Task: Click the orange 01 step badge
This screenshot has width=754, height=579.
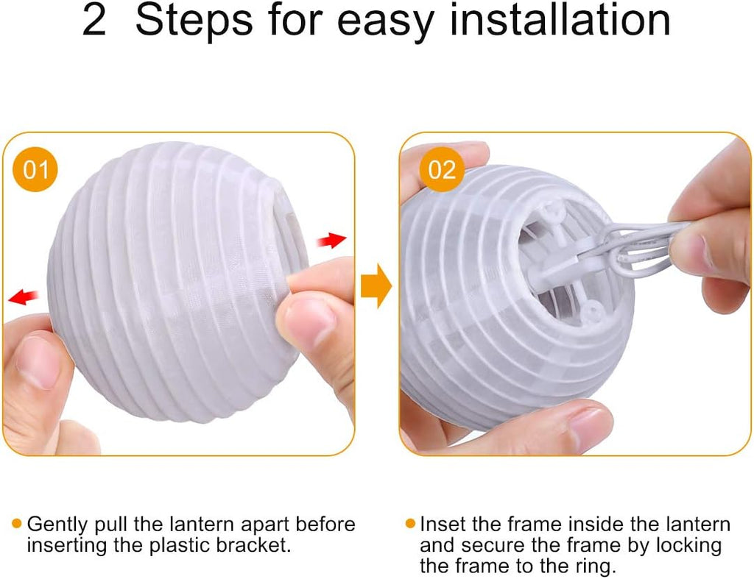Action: pyautogui.click(x=35, y=170)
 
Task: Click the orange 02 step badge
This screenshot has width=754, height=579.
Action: pyautogui.click(x=442, y=170)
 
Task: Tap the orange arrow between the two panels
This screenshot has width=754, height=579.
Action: pyautogui.click(x=376, y=286)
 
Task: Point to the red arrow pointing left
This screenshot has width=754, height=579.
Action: pyautogui.click(x=23, y=296)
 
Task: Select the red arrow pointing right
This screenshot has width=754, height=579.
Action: pyautogui.click(x=331, y=240)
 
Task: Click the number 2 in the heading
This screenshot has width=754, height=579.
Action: pyautogui.click(x=94, y=20)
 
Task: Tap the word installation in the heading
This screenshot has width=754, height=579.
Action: pyautogui.click(x=560, y=20)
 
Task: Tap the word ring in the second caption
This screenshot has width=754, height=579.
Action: pyautogui.click(x=596, y=567)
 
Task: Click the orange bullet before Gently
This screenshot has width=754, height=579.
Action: pyautogui.click(x=17, y=523)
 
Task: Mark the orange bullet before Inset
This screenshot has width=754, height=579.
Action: pyautogui.click(x=410, y=523)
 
